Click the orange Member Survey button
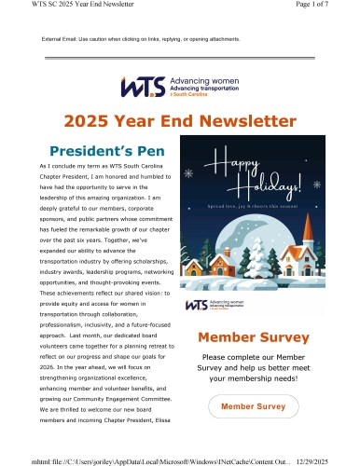point(252,432)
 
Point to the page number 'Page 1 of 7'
point(328,7)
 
